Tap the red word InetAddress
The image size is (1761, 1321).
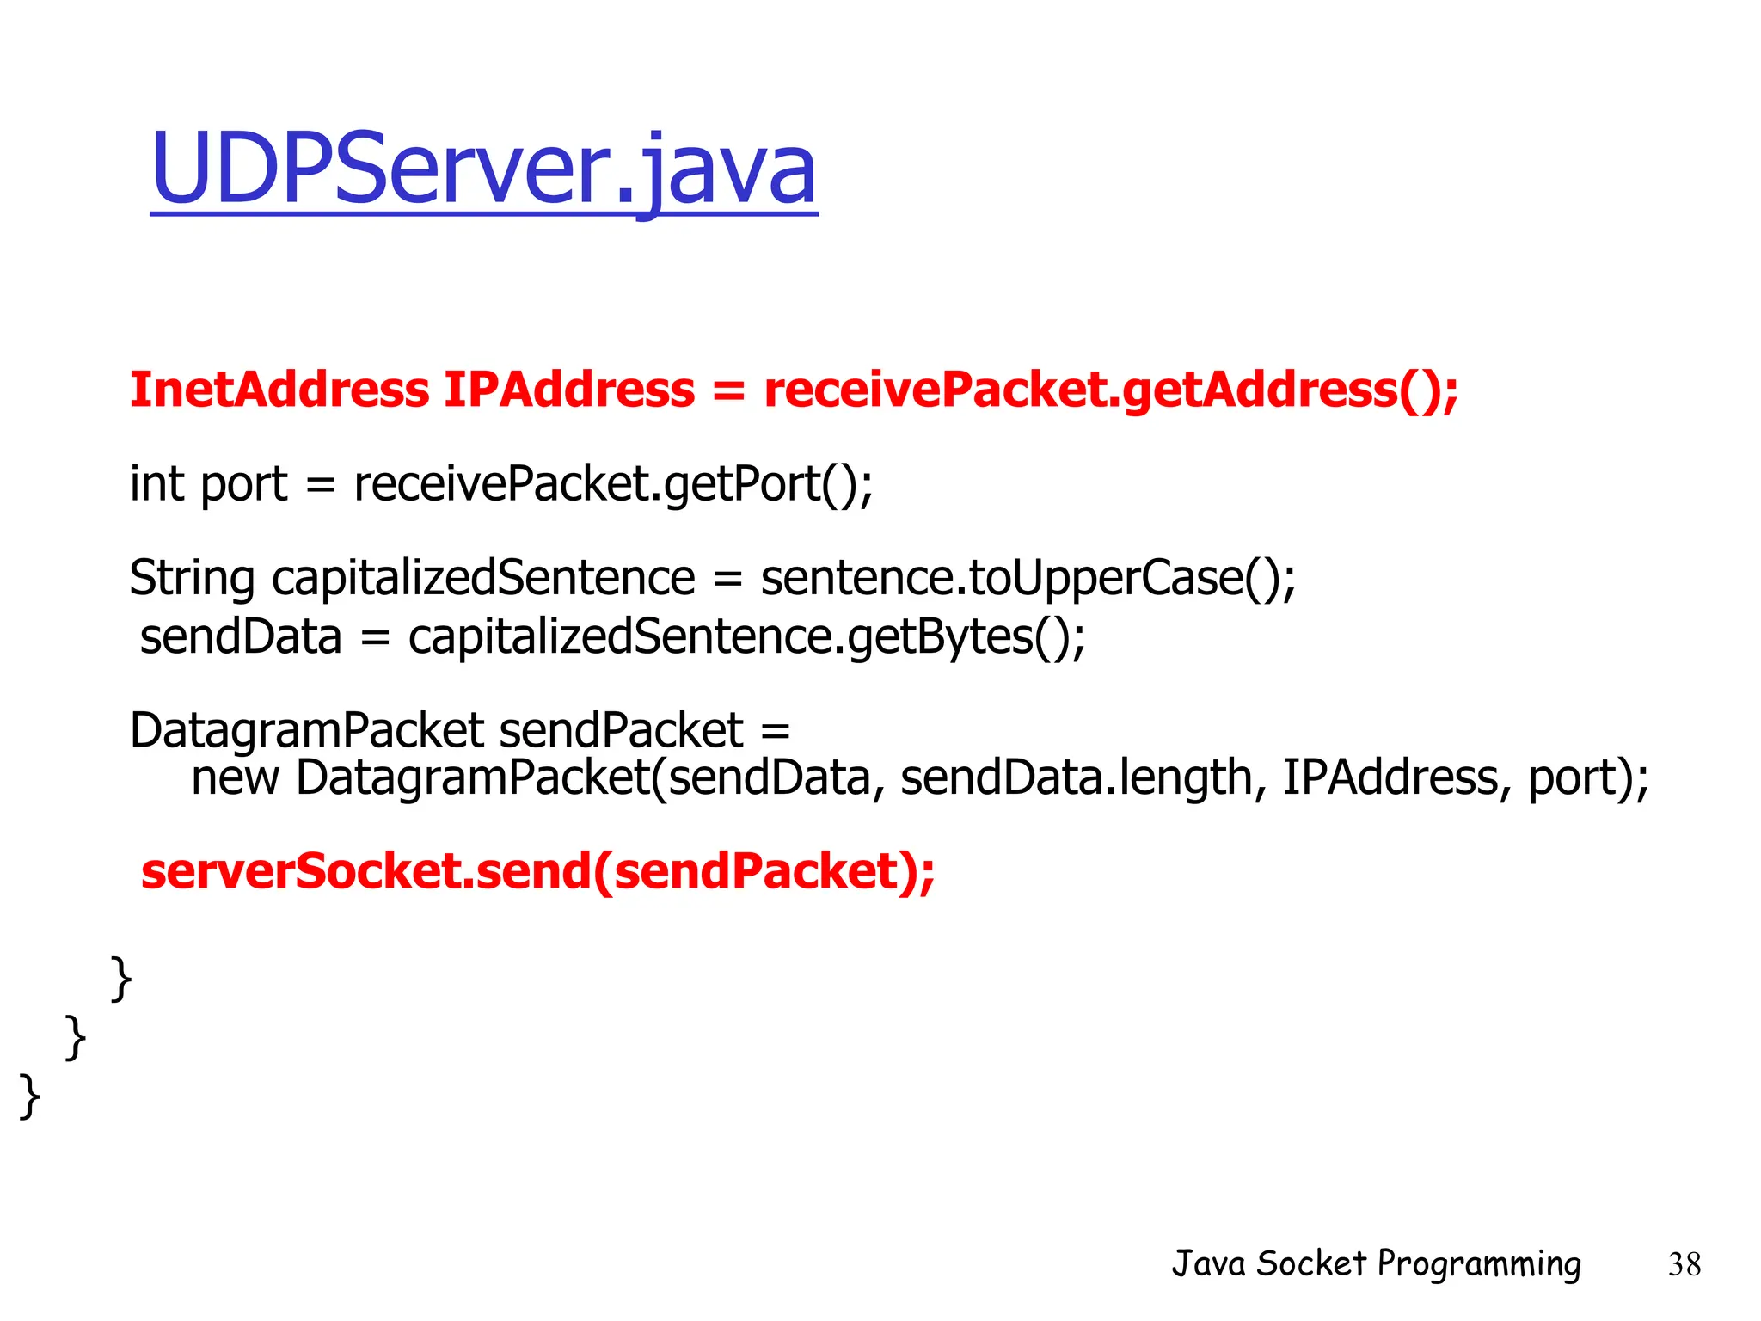point(279,390)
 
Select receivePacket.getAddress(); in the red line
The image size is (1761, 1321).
point(1111,390)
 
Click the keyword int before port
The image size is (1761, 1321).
point(156,483)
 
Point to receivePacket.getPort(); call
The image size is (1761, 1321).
point(613,484)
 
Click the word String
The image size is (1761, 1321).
point(192,578)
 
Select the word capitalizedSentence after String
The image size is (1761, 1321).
point(483,578)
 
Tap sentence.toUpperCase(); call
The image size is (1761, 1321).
point(1028,578)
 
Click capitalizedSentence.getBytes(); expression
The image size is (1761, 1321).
point(746,637)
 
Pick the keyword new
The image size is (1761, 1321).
point(235,777)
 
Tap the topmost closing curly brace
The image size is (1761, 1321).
point(121,979)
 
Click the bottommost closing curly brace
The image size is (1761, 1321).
point(30,1096)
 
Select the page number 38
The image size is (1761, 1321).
point(1684,1264)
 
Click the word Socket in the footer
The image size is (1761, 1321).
point(1311,1263)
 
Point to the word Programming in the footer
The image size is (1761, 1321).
point(1478,1264)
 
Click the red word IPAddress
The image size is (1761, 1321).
point(568,390)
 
